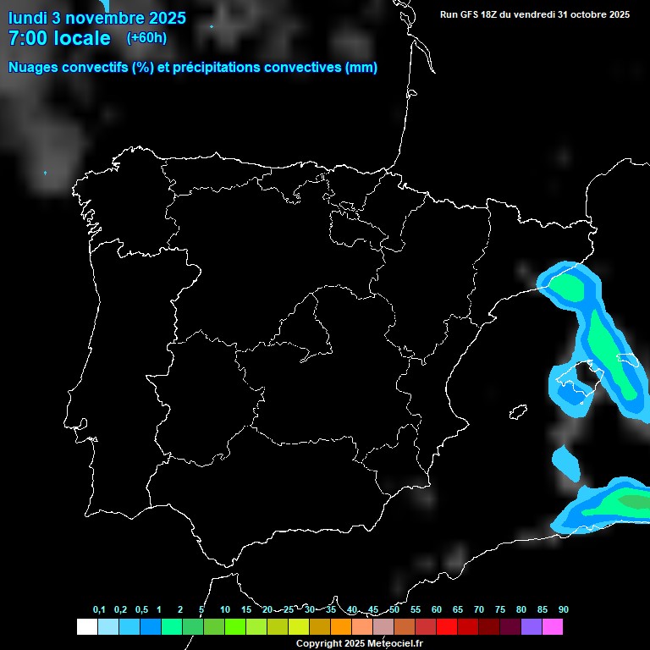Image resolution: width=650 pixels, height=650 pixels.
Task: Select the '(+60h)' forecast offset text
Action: pyautogui.click(x=147, y=37)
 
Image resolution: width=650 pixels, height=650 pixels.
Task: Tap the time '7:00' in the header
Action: pyautogui.click(x=29, y=38)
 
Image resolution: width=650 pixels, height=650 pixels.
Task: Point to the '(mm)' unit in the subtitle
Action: pyautogui.click(x=361, y=68)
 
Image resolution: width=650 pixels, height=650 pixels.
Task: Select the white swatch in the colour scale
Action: pyautogui.click(x=86, y=626)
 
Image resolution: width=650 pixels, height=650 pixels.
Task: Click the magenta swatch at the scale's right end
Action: pyautogui.click(x=553, y=626)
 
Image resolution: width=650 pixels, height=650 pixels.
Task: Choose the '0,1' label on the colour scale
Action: pyautogui.click(x=99, y=609)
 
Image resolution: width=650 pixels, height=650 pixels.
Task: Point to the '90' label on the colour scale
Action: pyautogui.click(x=564, y=609)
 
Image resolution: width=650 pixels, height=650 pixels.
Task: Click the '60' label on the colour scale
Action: pyautogui.click(x=437, y=609)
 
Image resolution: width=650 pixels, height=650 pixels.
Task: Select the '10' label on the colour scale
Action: pyautogui.click(x=225, y=609)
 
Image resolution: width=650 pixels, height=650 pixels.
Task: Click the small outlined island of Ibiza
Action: pyautogui.click(x=519, y=412)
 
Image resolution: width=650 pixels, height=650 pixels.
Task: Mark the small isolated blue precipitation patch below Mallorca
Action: pyautogui.click(x=565, y=461)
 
